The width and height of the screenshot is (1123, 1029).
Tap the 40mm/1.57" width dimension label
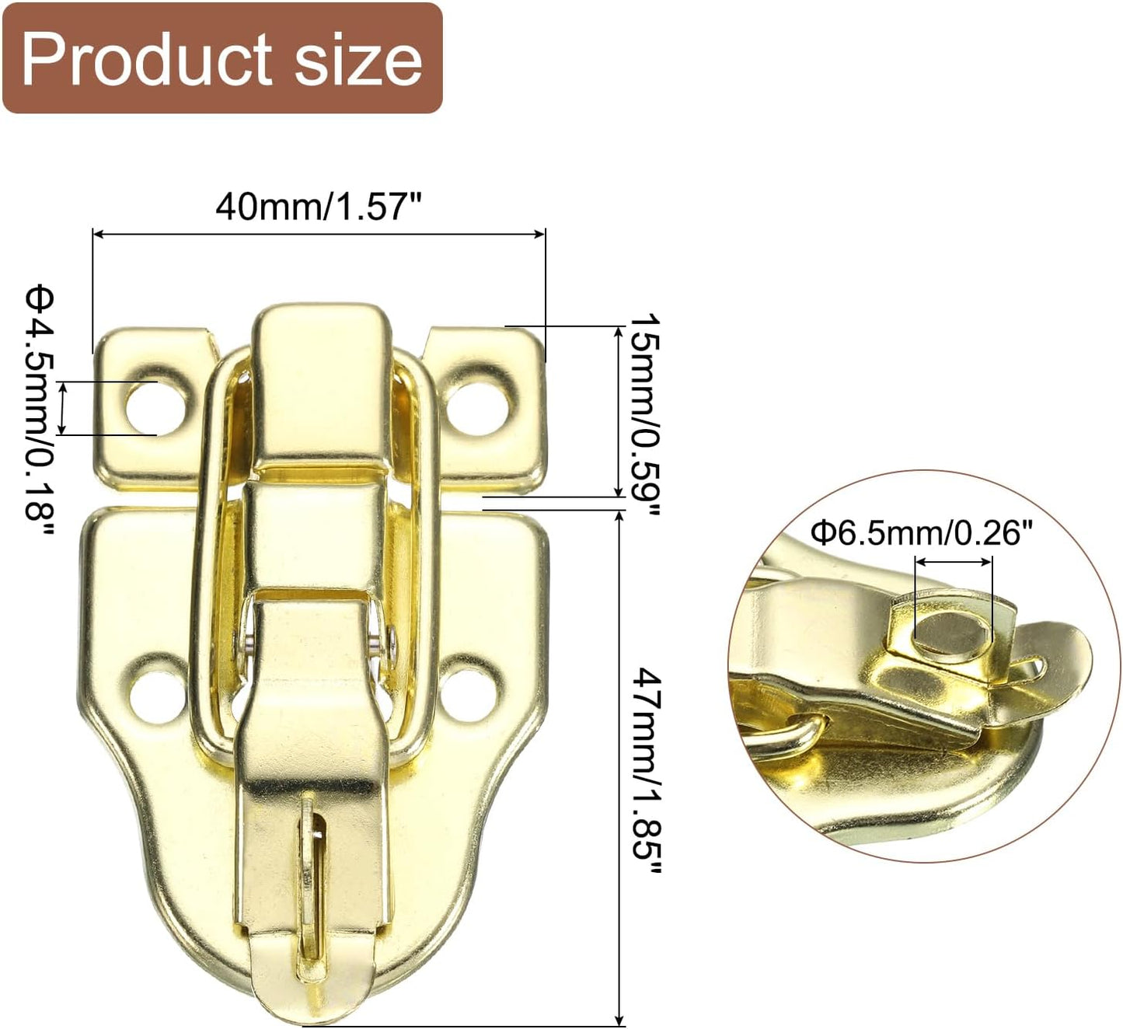[x=319, y=207]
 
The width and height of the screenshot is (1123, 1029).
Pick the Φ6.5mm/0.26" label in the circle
[x=922, y=533]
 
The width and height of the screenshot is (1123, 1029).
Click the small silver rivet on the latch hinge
[x=377, y=644]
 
